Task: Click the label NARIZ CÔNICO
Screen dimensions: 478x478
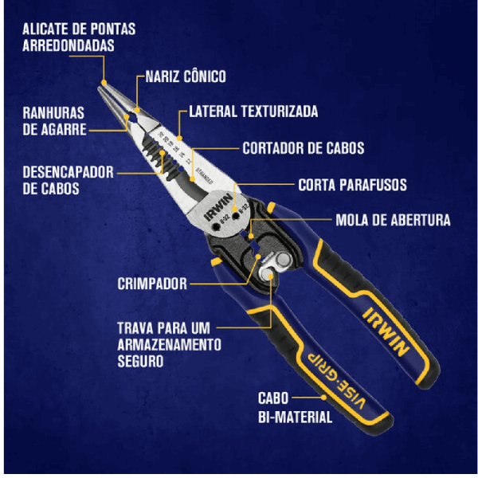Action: pyautogui.click(x=186, y=76)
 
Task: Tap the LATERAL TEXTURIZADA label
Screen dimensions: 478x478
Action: pyautogui.click(x=253, y=112)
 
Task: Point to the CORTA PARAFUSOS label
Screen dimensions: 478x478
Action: pyautogui.click(x=352, y=185)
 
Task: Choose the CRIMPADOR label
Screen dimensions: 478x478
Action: pyautogui.click(x=151, y=283)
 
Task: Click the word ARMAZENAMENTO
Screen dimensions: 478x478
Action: pyautogui.click(x=169, y=343)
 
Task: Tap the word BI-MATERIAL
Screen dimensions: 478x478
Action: pyautogui.click(x=294, y=416)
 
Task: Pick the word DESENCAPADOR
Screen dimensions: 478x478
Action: pyautogui.click(x=68, y=172)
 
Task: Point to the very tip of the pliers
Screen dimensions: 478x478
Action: pyautogui.click(x=102, y=82)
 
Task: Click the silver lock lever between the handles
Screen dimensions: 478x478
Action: pyautogui.click(x=276, y=269)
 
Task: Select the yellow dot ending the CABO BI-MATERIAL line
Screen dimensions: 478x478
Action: pyautogui.click(x=323, y=396)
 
